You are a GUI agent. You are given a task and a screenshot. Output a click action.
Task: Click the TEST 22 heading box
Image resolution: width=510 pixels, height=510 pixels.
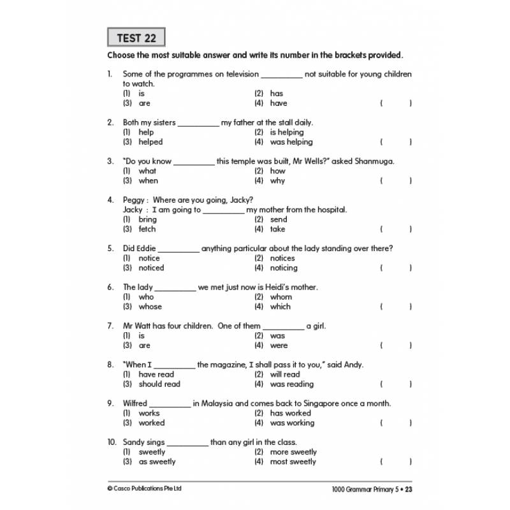click(136, 38)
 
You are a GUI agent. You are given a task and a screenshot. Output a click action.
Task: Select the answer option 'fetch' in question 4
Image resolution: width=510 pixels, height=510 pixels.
click(147, 229)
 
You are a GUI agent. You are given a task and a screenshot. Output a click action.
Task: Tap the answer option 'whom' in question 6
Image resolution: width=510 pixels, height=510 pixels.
click(280, 296)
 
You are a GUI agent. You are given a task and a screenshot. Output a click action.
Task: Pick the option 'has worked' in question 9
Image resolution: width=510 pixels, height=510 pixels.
click(290, 413)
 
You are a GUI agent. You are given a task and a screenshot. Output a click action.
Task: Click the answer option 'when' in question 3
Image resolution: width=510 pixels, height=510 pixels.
click(148, 180)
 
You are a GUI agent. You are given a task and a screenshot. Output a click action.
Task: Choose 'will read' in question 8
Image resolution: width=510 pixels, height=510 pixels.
click(284, 374)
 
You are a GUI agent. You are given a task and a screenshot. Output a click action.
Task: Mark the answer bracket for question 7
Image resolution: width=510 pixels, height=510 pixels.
click(396, 346)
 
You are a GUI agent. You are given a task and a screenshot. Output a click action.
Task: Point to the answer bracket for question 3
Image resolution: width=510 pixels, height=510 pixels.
click(396, 180)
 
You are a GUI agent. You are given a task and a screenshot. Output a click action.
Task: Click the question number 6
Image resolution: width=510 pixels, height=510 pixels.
click(110, 287)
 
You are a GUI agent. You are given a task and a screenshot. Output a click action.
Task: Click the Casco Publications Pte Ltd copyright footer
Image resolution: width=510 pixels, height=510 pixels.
click(145, 489)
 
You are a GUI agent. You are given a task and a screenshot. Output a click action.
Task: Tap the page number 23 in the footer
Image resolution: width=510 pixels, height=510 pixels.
click(409, 489)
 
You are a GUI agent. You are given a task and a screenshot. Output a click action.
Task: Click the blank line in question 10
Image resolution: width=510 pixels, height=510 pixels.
click(187, 442)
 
